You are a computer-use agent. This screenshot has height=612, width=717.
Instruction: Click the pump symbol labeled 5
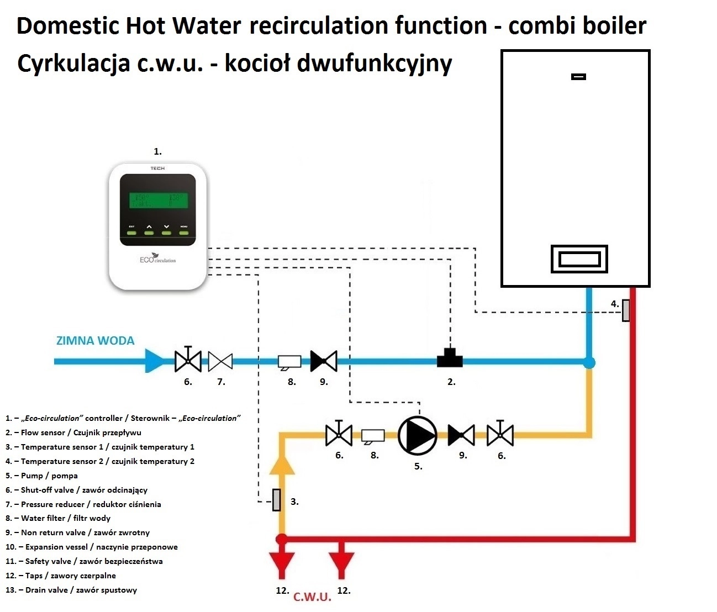(x=418, y=435)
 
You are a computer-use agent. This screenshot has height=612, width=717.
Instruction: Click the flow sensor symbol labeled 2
(x=450, y=359)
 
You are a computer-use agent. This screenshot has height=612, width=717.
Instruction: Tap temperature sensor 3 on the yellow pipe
(x=277, y=500)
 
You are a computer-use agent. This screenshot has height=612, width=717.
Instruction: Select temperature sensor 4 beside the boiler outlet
(x=626, y=310)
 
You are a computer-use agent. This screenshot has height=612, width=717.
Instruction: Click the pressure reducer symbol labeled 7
(x=220, y=362)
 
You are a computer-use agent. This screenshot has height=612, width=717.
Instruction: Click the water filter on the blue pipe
(x=289, y=362)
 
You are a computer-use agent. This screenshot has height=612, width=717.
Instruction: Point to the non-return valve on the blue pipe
(x=324, y=361)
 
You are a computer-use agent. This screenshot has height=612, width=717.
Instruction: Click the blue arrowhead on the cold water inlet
(x=155, y=361)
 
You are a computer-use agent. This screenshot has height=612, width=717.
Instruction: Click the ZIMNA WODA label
(x=95, y=341)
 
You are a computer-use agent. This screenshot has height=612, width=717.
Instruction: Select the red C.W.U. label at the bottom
(x=312, y=597)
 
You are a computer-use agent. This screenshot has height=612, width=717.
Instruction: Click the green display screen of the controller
(x=157, y=201)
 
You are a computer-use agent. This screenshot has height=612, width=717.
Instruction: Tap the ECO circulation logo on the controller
(x=157, y=259)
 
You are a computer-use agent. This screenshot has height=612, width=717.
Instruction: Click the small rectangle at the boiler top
(x=578, y=77)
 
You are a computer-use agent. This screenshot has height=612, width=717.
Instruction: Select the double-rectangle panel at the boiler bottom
(x=579, y=259)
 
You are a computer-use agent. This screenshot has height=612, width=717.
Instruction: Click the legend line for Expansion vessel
(x=92, y=547)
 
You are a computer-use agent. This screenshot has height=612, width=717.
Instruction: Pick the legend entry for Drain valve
(x=71, y=590)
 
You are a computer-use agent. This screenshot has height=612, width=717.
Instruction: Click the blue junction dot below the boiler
(x=589, y=362)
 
